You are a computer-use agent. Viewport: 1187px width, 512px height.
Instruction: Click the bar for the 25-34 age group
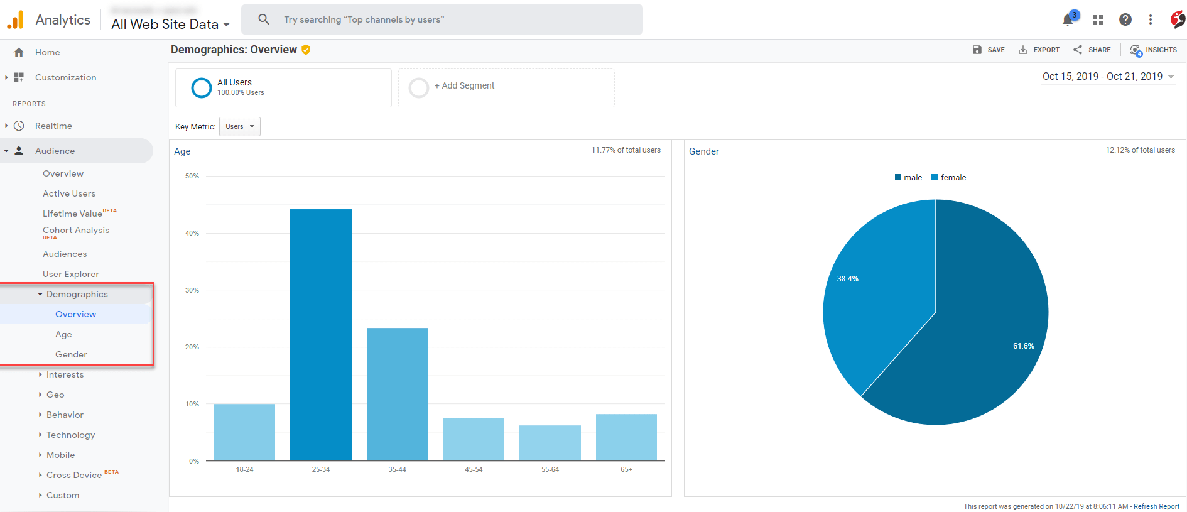[321, 335]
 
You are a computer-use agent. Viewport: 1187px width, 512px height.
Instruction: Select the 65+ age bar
[626, 437]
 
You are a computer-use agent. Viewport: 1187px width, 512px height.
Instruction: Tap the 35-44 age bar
[397, 394]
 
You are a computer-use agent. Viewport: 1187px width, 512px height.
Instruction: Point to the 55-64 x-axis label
[550, 469]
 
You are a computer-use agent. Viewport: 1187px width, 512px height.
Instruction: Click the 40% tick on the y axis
[192, 233]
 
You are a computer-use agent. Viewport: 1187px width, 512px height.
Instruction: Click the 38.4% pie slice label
[847, 279]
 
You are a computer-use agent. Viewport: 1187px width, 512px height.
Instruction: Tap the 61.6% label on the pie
[1023, 346]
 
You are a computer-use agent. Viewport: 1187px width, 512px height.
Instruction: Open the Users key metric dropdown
[240, 126]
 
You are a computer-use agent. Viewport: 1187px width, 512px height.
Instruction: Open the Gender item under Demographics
[71, 354]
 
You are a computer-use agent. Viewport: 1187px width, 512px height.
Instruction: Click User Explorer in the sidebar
[71, 274]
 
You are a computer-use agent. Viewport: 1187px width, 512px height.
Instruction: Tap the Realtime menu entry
[53, 126]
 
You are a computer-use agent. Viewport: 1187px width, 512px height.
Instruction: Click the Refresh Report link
[1156, 506]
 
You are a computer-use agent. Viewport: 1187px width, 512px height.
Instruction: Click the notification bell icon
[1068, 19]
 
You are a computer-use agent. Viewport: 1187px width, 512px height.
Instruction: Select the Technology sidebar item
[70, 435]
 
